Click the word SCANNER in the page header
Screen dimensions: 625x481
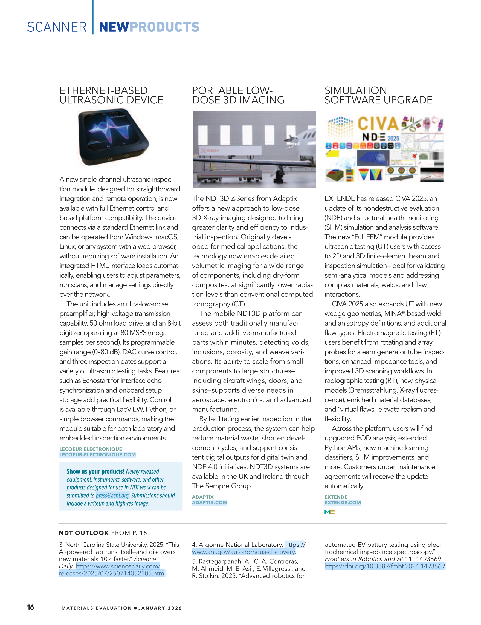[x=57, y=27]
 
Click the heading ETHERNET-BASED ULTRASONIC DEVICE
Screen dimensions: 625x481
[x=111, y=95]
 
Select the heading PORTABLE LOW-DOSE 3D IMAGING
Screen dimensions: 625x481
[x=238, y=95]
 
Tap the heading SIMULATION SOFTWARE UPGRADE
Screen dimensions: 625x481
[x=378, y=95]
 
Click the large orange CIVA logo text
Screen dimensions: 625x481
[x=378, y=124]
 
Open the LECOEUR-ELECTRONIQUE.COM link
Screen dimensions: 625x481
[x=97, y=455]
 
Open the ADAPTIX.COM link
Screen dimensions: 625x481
[x=210, y=503]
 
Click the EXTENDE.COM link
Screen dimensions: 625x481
[x=343, y=503]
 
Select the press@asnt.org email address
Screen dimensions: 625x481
[x=112, y=495]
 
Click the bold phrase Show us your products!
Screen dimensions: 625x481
[x=95, y=471]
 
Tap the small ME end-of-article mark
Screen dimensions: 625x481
[x=329, y=512]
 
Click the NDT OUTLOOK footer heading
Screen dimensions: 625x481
[x=84, y=533]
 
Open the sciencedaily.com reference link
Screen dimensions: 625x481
[x=112, y=570]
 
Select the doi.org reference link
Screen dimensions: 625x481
[x=385, y=566]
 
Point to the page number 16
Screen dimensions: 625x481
[x=30, y=607]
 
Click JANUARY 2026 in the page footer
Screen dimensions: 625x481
[x=160, y=608]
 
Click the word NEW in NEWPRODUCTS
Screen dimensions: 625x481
[x=114, y=27]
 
